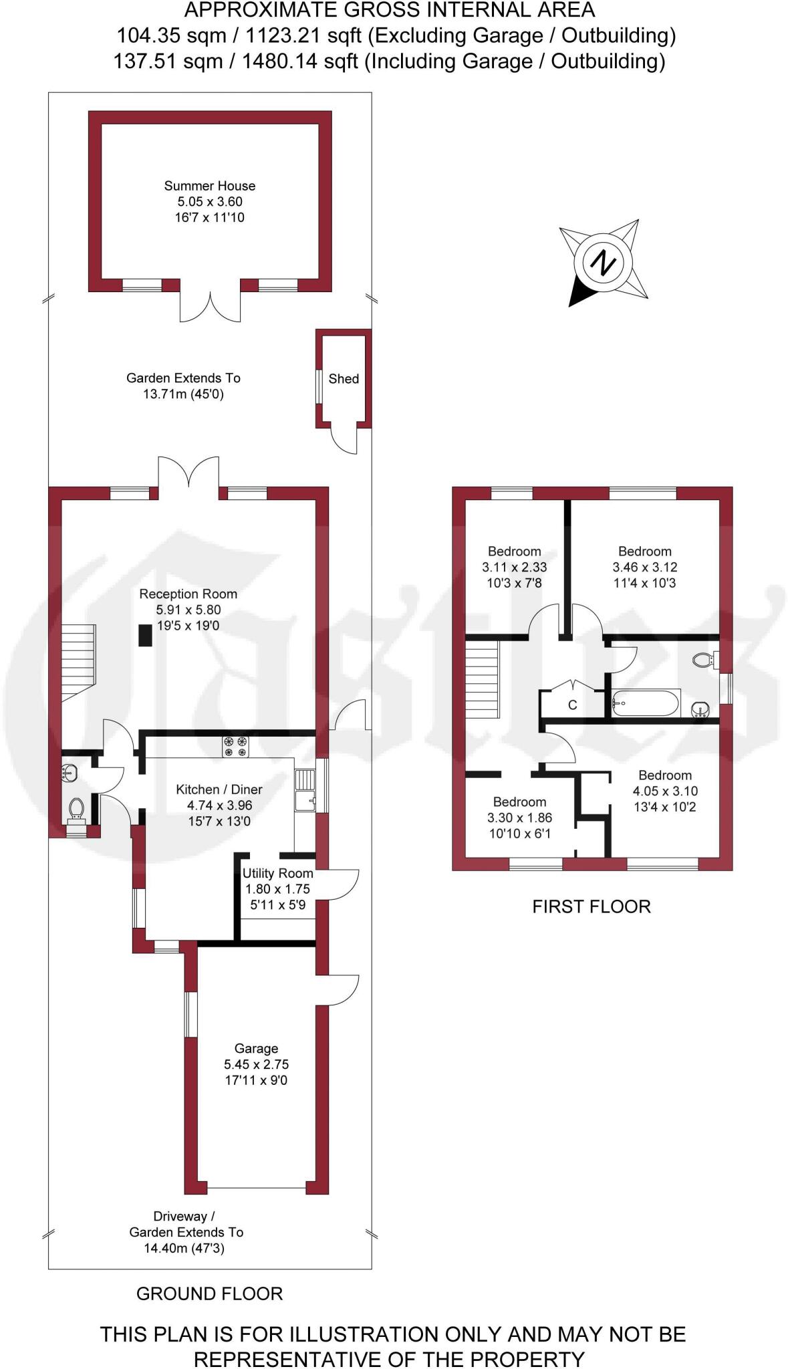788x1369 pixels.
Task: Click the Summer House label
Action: coord(209,186)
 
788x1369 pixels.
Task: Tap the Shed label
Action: coord(344,379)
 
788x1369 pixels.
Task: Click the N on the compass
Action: coord(604,262)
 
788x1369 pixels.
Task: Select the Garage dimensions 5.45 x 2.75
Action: coord(256,1064)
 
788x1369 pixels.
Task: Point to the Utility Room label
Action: coord(277,873)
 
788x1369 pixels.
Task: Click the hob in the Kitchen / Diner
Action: coord(235,746)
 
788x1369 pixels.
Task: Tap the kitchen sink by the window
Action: coord(305,789)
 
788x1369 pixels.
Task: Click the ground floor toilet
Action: coord(76,809)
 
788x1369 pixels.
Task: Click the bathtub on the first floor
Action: coord(646,703)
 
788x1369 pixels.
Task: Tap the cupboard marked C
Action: coord(572,705)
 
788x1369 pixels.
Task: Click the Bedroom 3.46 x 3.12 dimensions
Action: coord(644,567)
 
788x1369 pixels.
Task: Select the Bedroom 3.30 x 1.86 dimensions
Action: coord(519,818)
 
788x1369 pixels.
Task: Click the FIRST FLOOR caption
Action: coord(591,906)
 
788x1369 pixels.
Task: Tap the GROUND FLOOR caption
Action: coord(209,1293)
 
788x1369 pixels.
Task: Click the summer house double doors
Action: coord(210,306)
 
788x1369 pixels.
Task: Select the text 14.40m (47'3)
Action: coord(184,1248)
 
